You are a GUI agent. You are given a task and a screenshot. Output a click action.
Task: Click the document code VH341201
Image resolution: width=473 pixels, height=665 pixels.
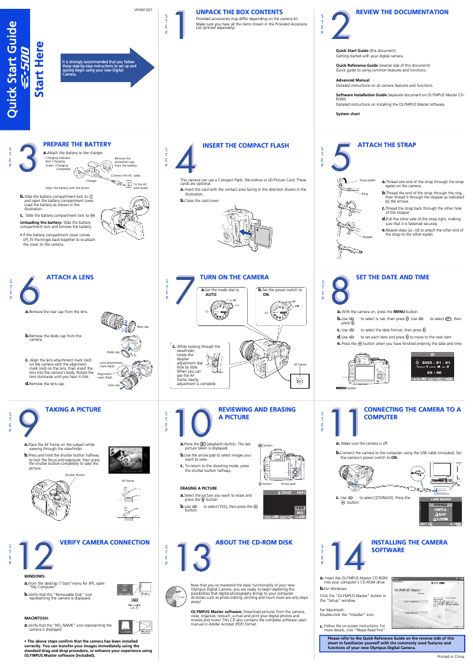(143, 10)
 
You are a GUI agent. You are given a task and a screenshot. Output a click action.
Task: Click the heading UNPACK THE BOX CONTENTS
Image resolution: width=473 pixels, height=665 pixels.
(239, 12)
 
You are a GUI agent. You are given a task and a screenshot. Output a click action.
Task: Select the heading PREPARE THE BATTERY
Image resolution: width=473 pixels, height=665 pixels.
(77, 144)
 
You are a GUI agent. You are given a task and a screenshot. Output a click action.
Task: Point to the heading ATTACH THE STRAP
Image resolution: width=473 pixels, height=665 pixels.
(386, 145)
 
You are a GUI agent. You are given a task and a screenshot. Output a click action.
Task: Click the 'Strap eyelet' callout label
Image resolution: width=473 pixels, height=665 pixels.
(367, 180)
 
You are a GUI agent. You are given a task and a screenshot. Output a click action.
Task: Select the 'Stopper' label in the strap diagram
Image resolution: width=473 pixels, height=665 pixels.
(367, 236)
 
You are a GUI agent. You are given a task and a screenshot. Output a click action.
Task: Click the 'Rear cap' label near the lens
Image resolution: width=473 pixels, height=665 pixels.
(143, 327)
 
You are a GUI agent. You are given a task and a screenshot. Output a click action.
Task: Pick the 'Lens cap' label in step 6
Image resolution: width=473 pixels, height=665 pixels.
(113, 384)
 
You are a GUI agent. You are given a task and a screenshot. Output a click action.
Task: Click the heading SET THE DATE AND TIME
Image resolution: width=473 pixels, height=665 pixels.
(392, 277)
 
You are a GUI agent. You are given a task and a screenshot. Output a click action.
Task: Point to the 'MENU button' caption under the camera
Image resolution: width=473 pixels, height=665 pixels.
(346, 388)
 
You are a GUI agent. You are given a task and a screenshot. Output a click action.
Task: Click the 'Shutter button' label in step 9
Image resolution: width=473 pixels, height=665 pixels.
(75, 475)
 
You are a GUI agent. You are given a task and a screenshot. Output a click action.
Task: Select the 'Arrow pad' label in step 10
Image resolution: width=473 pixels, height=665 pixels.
(288, 484)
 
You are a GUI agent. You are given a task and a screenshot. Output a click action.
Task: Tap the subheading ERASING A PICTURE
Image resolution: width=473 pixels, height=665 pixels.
(198, 488)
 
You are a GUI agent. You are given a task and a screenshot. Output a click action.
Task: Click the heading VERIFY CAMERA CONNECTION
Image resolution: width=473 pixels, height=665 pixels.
(104, 542)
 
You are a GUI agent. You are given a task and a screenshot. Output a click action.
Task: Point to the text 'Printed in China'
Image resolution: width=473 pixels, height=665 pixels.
(451, 657)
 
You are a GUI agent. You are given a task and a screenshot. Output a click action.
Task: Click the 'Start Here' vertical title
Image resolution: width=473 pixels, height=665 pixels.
(39, 69)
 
